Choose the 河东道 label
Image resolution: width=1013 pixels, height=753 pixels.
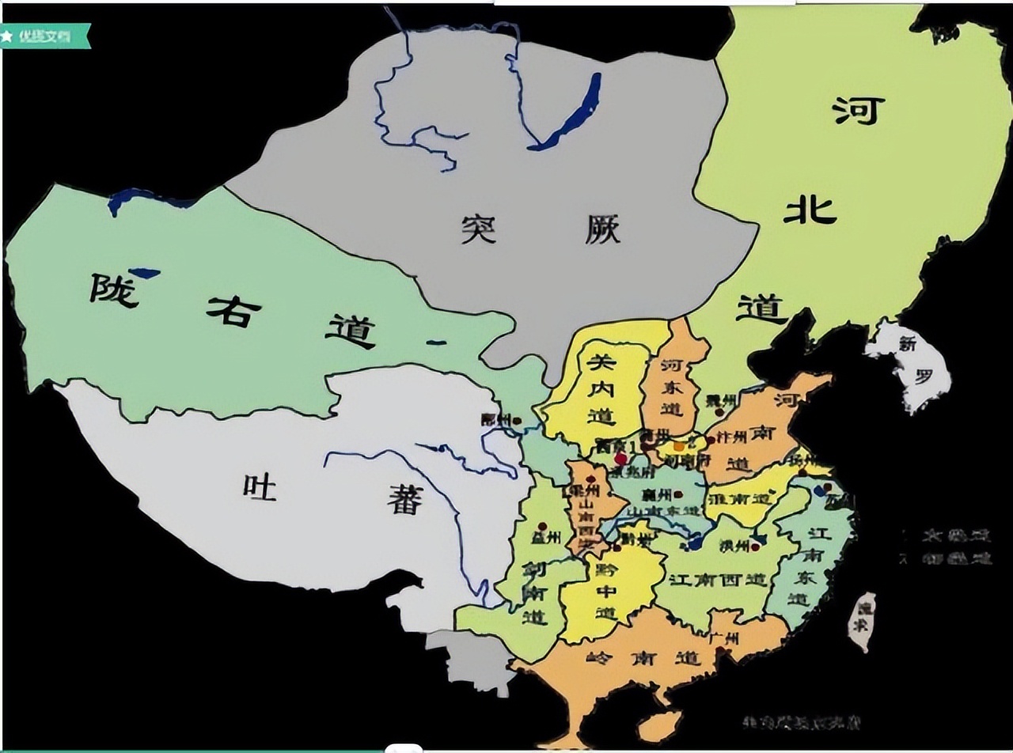[672, 388]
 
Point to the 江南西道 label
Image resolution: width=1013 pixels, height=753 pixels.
[719, 579]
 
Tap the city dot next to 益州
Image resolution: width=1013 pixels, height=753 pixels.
[542, 526]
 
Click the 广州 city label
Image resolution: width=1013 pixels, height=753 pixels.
[724, 638]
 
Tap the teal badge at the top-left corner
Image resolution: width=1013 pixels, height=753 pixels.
[44, 36]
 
